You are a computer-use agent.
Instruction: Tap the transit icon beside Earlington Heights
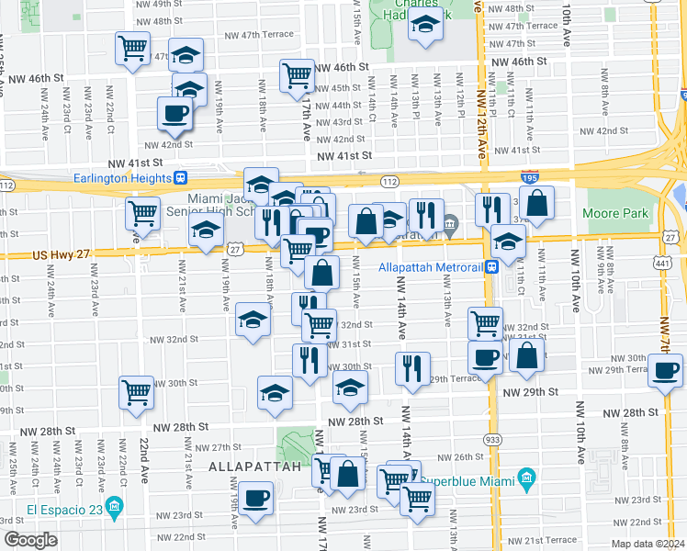pos(182,178)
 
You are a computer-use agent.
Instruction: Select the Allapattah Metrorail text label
pos(431,268)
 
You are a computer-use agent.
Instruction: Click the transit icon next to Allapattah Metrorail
pos(493,267)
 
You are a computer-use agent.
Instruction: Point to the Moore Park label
pos(616,213)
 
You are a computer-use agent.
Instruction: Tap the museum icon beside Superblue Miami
pos(525,478)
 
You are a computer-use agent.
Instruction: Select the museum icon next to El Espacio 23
pos(115,506)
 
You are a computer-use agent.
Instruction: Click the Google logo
pos(30,540)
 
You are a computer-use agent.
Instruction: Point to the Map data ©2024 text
pos(648,544)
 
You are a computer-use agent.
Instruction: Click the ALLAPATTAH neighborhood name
pos(255,467)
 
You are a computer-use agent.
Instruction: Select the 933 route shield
pos(493,440)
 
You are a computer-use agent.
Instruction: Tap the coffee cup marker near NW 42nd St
pos(174,114)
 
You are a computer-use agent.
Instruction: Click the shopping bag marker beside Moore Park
pos(539,203)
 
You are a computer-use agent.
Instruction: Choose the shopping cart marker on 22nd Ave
pos(137,392)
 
